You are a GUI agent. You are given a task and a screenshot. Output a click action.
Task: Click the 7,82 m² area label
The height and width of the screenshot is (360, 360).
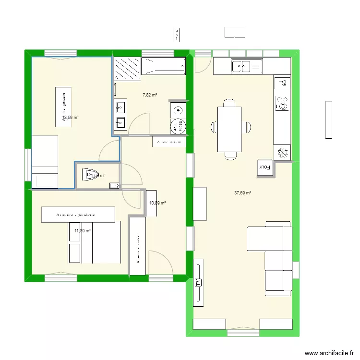click(150, 95)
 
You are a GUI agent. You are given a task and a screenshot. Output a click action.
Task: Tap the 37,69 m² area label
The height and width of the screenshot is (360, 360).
click(242, 193)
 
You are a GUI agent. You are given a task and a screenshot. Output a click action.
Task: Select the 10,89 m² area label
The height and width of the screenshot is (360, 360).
click(157, 203)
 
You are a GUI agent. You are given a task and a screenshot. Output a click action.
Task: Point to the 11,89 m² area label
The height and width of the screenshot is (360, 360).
click(82, 231)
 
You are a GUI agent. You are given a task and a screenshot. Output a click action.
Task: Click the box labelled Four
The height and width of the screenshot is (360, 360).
click(264, 168)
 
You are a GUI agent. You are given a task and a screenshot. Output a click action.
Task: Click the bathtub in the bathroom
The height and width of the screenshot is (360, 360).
click(163, 66)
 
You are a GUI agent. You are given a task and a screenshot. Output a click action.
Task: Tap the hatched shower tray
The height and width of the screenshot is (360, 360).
click(127, 67)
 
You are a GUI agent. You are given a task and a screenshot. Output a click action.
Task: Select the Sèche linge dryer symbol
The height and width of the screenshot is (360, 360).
click(179, 126)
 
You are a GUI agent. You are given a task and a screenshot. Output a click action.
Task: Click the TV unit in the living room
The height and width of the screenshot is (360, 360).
click(198, 283)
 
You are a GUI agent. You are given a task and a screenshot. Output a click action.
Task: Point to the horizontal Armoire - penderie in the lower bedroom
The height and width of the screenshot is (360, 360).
click(78, 215)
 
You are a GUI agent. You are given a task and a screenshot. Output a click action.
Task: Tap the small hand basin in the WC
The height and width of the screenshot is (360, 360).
click(114, 185)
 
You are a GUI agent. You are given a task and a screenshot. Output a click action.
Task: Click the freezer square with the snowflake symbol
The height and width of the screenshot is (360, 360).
click(282, 152)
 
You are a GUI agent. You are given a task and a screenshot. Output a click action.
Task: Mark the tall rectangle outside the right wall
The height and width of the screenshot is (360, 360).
click(329, 120)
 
